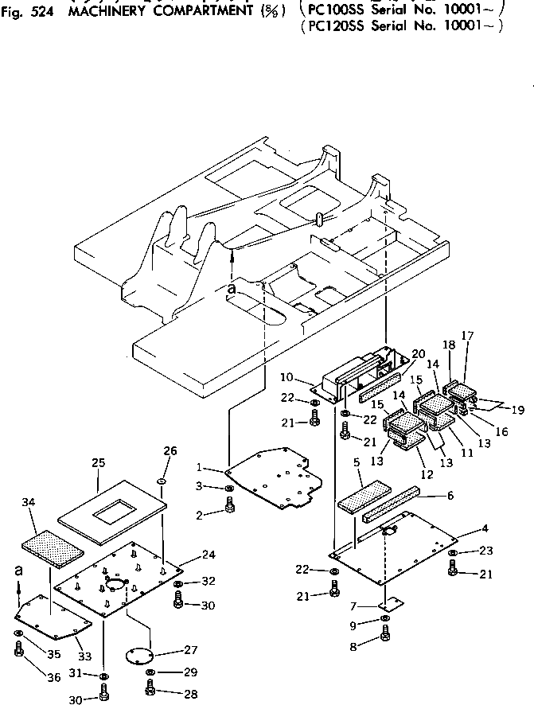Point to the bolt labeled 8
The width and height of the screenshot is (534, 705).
coord(385,635)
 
